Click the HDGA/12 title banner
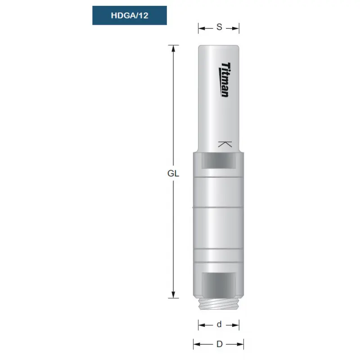(x=130, y=15)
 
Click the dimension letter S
(x=219, y=27)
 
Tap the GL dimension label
(x=173, y=174)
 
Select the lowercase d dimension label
(x=219, y=324)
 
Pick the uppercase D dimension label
(x=220, y=344)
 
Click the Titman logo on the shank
(x=224, y=80)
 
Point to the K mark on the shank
(x=225, y=144)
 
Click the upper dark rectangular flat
(x=219, y=161)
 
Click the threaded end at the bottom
(x=219, y=304)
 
